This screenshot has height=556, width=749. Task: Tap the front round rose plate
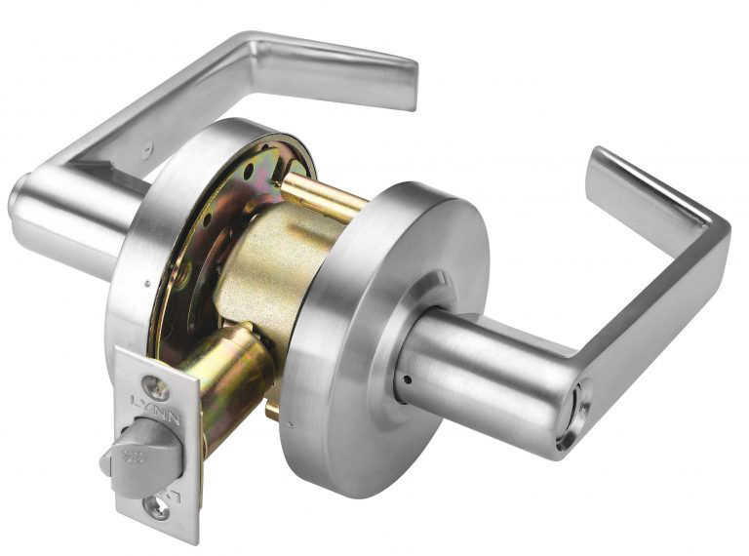tap(371, 332)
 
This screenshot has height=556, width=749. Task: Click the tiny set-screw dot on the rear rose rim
tap(143, 284)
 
